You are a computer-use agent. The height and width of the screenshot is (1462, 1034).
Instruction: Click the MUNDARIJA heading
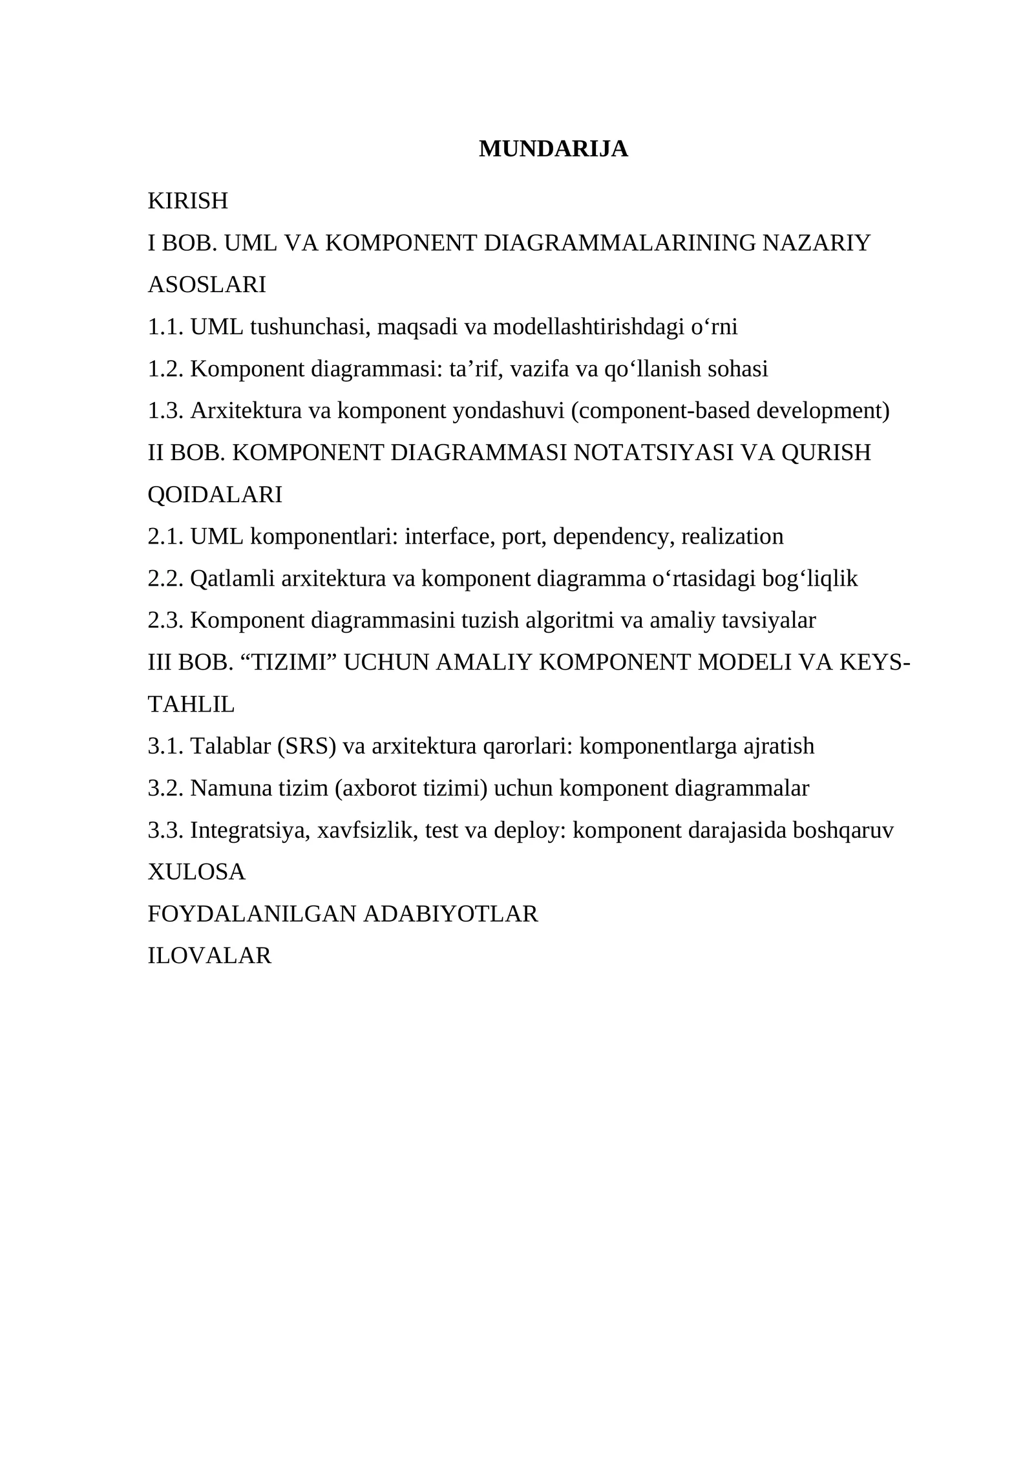553,149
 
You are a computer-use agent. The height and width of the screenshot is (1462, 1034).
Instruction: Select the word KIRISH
188,202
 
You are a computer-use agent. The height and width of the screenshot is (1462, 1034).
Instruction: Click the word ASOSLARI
207,285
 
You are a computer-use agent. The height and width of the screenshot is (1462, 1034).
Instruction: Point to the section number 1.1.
166,328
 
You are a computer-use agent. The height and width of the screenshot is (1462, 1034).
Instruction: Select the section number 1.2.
166,369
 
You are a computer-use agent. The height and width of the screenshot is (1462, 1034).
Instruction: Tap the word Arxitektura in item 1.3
246,411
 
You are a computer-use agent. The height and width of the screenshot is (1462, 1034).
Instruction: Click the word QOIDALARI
215,495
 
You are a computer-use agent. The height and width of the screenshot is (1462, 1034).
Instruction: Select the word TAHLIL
191,705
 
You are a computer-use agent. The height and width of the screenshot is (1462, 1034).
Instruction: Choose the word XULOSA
197,873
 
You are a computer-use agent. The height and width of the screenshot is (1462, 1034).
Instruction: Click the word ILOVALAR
210,956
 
